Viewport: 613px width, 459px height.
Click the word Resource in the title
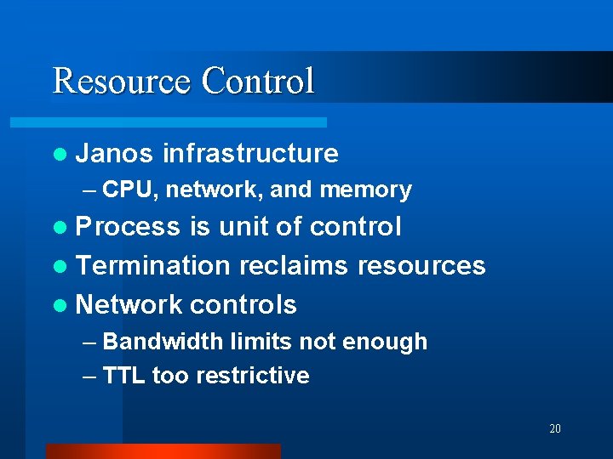(122, 81)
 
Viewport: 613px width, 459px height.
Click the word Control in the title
(258, 81)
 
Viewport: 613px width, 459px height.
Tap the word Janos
(114, 153)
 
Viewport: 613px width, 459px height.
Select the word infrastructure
(250, 153)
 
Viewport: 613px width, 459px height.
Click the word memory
(365, 190)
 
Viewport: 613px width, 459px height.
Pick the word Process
(128, 227)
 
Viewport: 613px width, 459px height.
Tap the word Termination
(153, 265)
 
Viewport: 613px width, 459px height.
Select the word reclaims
(294, 265)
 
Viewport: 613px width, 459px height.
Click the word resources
(421, 265)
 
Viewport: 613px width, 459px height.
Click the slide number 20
(555, 428)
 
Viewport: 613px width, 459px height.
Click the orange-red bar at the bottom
(163, 451)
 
